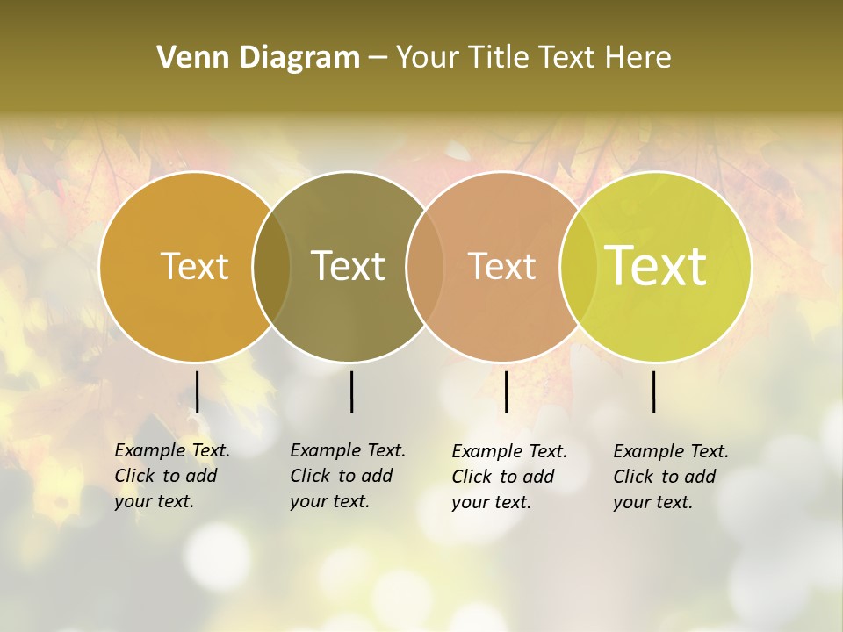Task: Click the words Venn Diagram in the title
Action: tap(258, 58)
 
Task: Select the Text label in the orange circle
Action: tap(194, 266)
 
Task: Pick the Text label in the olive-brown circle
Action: tap(348, 266)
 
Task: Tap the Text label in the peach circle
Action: tap(501, 266)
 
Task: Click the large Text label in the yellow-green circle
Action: tap(655, 266)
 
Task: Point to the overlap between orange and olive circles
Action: tap(271, 267)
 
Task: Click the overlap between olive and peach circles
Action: tap(424, 267)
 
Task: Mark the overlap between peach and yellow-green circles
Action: tap(577, 267)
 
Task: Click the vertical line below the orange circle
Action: tap(198, 391)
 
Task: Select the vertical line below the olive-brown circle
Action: tap(351, 391)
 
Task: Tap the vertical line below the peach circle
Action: tap(506, 391)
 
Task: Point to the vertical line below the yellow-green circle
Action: tap(654, 391)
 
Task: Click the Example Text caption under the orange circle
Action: tap(171, 476)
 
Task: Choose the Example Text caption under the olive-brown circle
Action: tap(347, 476)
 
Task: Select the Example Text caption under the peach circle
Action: tap(508, 477)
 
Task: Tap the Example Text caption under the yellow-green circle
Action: tap(670, 477)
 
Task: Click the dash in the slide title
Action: tap(378, 59)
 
